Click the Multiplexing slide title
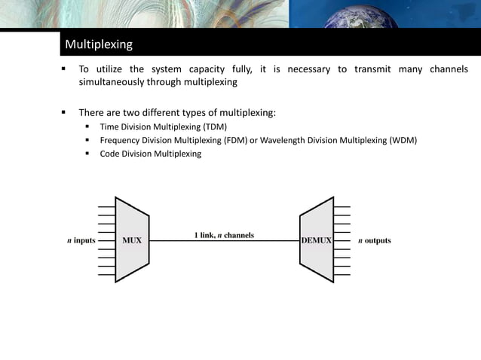(x=99, y=44)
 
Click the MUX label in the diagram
(x=132, y=241)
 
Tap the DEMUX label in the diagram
(x=317, y=241)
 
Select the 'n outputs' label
(x=374, y=241)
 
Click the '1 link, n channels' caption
(x=224, y=235)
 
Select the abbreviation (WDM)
(x=402, y=140)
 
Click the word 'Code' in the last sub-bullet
(x=111, y=154)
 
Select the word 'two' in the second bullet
(x=146, y=113)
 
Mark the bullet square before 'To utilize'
(x=64, y=69)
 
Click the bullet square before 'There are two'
(x=64, y=113)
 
